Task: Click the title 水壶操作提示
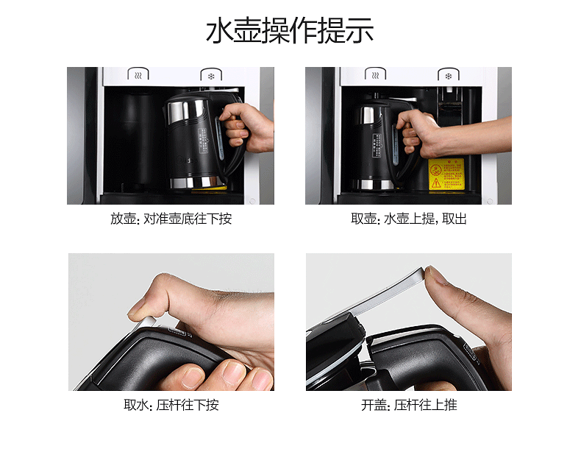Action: point(290,32)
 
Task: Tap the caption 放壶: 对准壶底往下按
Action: point(171,219)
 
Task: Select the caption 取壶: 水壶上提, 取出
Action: point(409,219)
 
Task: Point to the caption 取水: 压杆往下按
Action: point(171,406)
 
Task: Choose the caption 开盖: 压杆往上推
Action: point(409,406)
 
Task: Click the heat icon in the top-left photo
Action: point(138,75)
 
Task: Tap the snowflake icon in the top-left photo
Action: point(210,75)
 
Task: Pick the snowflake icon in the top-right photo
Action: point(447,75)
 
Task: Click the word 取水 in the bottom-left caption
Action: point(135,406)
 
